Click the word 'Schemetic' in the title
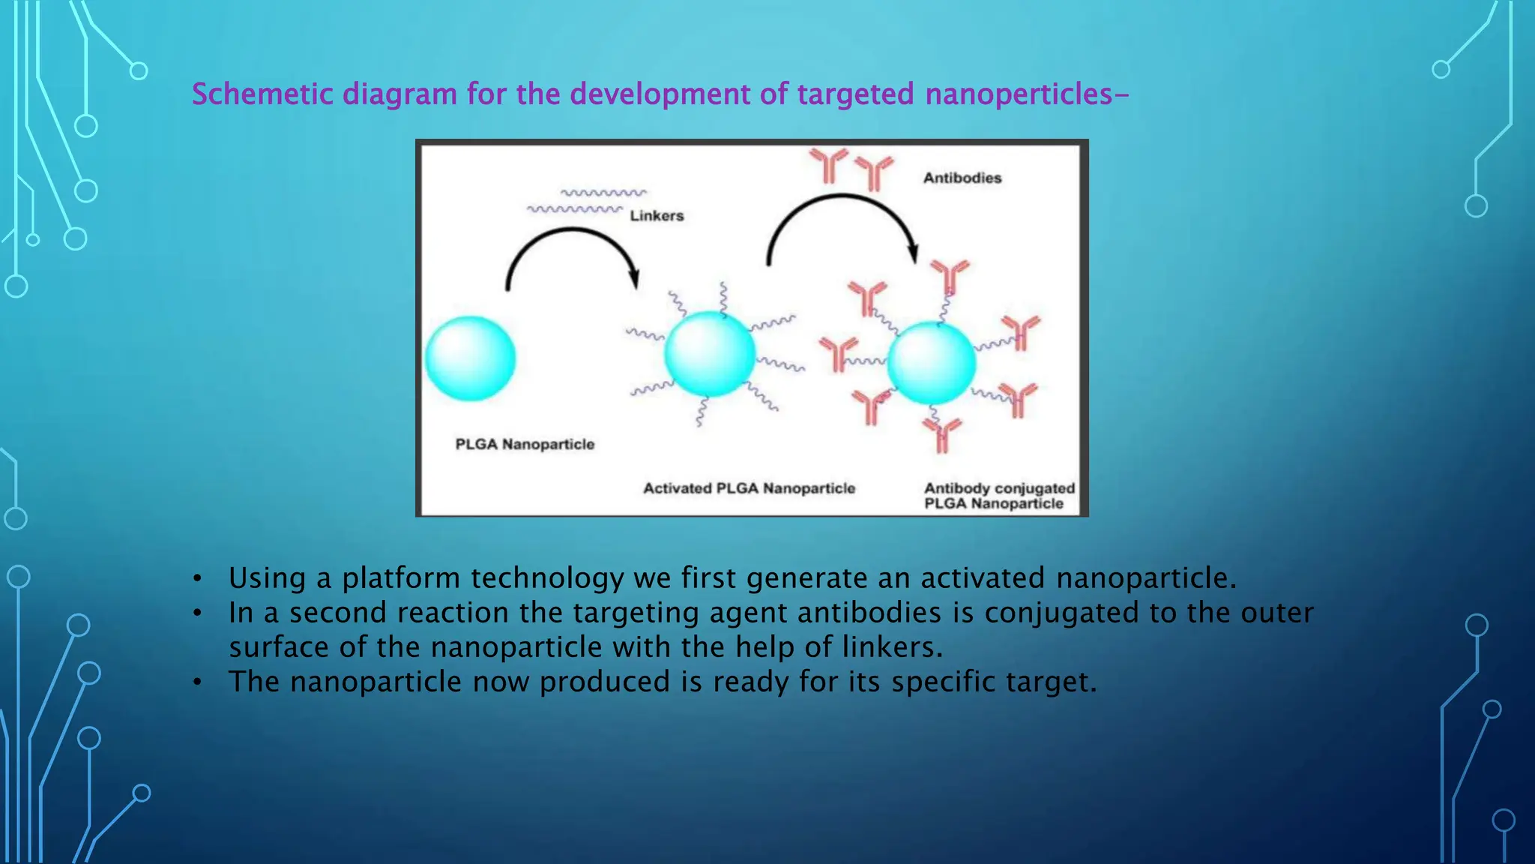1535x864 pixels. (262, 94)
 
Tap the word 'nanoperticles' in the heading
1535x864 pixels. (1019, 94)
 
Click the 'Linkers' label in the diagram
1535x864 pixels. (657, 216)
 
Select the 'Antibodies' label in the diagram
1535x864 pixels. (962, 178)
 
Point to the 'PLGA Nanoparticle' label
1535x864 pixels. (525, 445)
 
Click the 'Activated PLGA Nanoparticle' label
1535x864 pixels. (749, 489)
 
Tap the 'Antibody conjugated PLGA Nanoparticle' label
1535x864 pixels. (999, 496)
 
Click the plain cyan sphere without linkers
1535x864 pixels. (471, 358)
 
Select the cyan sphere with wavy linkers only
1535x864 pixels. (709, 354)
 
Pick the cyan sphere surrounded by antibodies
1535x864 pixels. (932, 364)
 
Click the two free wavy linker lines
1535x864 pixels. (587, 201)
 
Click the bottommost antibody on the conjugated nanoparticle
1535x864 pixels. (942, 435)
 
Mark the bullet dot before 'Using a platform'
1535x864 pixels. (197, 579)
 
